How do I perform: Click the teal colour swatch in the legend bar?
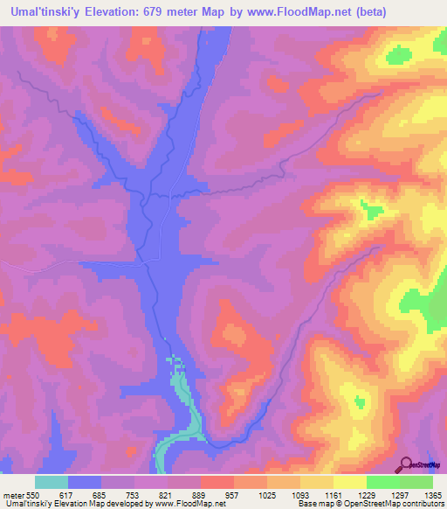click(52, 482)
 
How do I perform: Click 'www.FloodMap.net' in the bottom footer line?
click(188, 505)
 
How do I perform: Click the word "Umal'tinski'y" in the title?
click(41, 11)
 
